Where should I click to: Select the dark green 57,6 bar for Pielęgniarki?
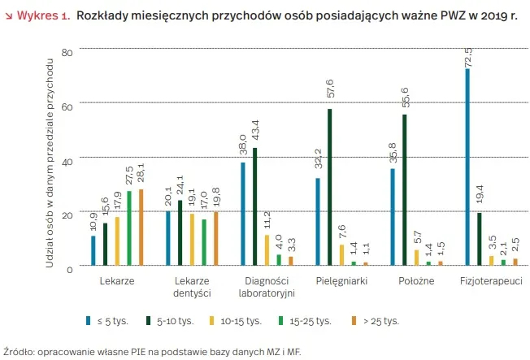[329, 187]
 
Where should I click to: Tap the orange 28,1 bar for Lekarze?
[141, 227]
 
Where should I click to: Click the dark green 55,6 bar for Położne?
[405, 190]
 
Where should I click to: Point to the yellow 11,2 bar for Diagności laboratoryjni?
[267, 249]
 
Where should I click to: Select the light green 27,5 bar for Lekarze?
[128, 228]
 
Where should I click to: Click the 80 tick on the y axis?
[67, 53]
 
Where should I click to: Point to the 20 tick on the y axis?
[67, 214]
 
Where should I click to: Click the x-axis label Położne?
[416, 280]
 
